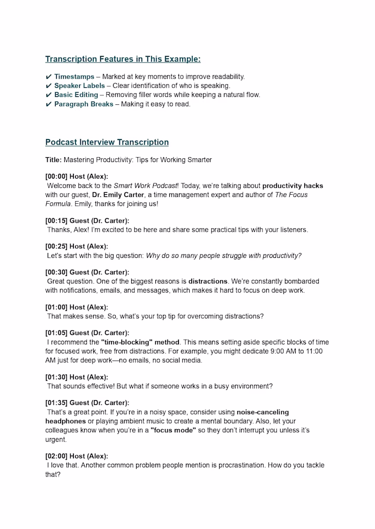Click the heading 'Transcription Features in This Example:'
123,59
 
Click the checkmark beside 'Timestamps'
49,76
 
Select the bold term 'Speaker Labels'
79,86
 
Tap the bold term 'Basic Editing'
76,95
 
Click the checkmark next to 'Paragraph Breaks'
49,104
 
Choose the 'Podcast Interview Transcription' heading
107,142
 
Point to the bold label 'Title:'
54,159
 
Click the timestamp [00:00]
56,177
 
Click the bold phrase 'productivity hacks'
292,186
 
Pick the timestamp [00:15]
56,220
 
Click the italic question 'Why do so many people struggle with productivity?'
223,256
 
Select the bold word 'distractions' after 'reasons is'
208,281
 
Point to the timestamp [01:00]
56,307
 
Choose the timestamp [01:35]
56,403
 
